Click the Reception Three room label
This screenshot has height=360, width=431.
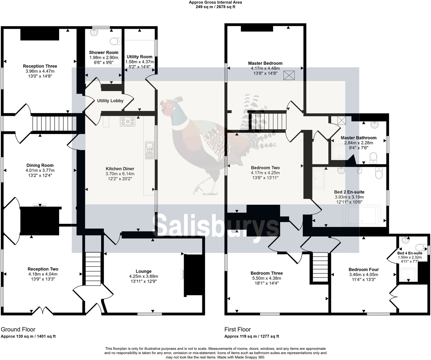pos(40,66)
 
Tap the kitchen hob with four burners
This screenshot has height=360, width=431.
pos(128,121)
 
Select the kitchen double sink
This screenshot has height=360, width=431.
pos(149,150)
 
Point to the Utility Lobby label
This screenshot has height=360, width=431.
pos(110,101)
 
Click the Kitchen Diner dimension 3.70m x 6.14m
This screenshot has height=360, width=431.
pos(120,174)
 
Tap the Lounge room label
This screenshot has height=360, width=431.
pos(143,271)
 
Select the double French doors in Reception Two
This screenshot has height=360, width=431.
pos(42,310)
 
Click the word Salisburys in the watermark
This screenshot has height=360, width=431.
pos(216,226)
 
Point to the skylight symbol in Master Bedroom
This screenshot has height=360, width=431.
pos(289,75)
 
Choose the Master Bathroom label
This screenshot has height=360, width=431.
pos(358,138)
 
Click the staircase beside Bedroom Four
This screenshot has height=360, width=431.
pos(321,267)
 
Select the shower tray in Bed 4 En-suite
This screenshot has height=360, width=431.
pos(408,274)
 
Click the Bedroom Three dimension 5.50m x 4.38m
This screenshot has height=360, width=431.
pos(267,278)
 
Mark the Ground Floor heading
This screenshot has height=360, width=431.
pos(18,329)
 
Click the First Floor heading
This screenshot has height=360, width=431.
pos(238,329)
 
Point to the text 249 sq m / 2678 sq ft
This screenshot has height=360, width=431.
pos(215,7)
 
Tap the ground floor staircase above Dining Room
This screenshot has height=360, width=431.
pos(54,124)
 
